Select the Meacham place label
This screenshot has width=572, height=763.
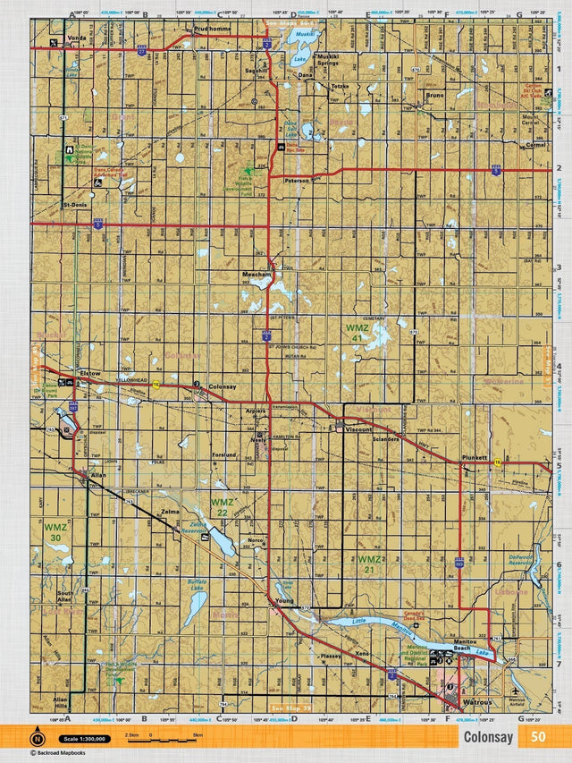coord(256,275)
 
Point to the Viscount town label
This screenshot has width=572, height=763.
coord(357,430)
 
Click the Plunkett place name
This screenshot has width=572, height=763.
coord(475,457)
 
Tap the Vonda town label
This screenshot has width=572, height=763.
coord(76,38)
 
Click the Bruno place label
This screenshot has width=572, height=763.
coord(435,94)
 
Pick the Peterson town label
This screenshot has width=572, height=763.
coord(296,180)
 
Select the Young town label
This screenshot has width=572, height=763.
coord(284,600)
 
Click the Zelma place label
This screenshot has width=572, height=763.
coord(170,512)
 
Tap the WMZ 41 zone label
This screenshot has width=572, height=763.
coord(357,333)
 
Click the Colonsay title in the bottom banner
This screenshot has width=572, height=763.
coord(488,737)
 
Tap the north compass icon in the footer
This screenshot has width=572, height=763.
coord(38,739)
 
